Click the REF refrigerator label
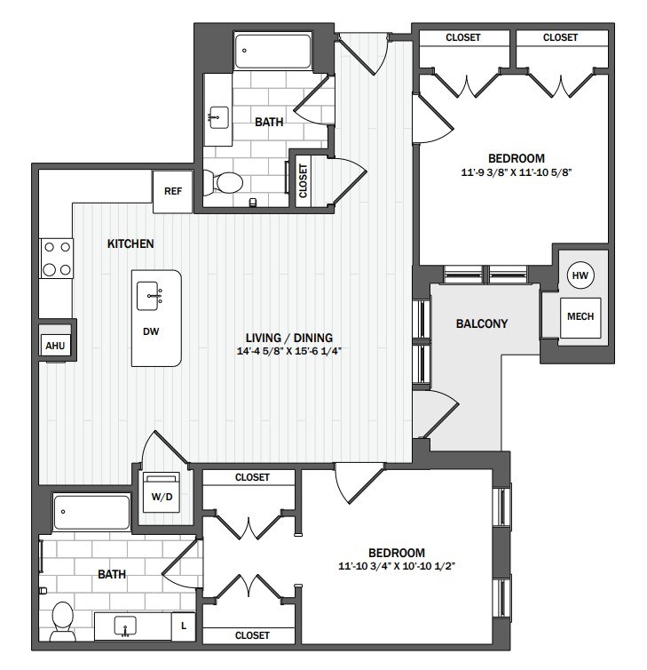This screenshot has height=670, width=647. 173,191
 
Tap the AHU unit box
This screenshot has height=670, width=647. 55,346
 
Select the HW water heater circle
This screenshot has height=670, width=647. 580,275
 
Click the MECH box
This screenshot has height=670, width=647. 580,317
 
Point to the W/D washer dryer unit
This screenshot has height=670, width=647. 162,492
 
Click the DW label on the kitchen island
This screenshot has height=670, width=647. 151,331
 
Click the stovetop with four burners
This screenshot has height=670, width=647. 57,259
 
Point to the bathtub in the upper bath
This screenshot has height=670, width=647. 272,52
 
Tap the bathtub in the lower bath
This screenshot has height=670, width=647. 91,512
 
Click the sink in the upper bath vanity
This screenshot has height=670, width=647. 218,117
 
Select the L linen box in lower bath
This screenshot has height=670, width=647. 184,626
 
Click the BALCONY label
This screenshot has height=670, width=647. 482,323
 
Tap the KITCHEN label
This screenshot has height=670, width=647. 130,243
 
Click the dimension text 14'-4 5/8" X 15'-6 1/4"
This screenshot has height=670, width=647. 289,351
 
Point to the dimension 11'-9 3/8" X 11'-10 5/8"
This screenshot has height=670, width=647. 516,172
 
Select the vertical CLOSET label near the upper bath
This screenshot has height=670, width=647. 303,180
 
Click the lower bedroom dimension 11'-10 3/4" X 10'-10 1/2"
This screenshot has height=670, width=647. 397,566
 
